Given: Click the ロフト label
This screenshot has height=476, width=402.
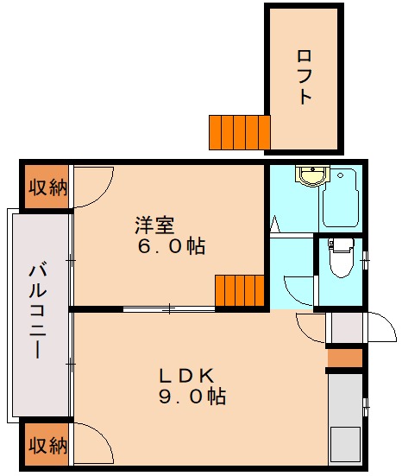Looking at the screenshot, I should [x=304, y=77].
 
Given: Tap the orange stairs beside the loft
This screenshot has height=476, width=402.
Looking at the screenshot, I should [x=239, y=131].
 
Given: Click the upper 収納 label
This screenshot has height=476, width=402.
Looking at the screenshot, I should [x=47, y=188].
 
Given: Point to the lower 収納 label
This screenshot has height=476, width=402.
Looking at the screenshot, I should [x=47, y=446].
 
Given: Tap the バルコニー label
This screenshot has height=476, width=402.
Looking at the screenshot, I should [x=38, y=313].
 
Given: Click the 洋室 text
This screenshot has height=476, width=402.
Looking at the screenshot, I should [x=155, y=225].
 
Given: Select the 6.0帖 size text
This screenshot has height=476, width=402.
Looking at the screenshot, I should [x=173, y=247].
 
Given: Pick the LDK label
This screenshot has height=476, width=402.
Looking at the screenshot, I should [x=185, y=375].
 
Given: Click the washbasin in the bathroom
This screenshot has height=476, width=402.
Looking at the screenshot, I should [x=309, y=176].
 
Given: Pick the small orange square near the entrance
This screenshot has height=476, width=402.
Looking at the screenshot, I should [x=345, y=357].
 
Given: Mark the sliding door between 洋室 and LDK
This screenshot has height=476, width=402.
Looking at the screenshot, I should [x=169, y=308].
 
